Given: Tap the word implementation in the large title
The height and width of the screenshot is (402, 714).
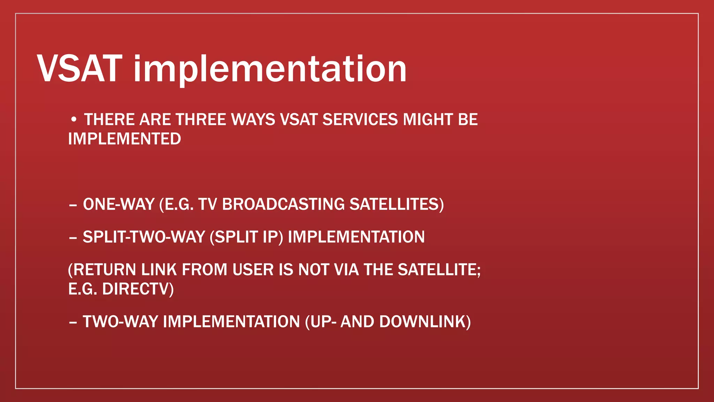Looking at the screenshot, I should coord(270,69).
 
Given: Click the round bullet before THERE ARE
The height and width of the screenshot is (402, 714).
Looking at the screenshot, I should coord(73,120).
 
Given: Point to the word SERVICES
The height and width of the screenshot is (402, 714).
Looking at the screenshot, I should coord(360,120).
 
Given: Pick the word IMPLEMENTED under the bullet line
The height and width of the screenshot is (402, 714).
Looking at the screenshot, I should coord(124,139).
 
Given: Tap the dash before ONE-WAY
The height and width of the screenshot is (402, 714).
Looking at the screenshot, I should coord(73,205).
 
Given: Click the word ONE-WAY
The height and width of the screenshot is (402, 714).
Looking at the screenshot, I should coord(119,204).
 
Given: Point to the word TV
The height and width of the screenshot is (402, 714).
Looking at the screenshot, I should coord(207,204).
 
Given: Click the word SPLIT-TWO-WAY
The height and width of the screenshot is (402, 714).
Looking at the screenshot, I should coord(144,237).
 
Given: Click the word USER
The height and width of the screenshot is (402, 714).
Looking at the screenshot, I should coord(253,270).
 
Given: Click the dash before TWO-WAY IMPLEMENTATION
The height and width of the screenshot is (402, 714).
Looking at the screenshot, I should coord(73,322).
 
